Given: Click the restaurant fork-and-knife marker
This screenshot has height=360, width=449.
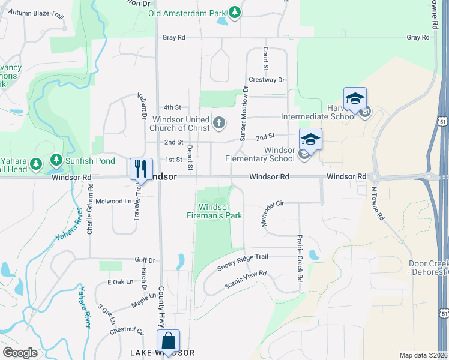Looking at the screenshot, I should click(x=141, y=168).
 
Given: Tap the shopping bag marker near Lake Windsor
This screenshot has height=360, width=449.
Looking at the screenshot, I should click(x=169, y=341).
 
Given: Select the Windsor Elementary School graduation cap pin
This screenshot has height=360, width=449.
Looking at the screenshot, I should click(x=310, y=140).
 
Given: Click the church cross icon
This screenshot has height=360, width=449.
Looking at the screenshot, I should click(x=219, y=124).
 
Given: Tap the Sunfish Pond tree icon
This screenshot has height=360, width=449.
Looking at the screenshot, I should click(x=56, y=160).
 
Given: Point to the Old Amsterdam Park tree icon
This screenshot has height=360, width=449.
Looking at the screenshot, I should click(x=236, y=12).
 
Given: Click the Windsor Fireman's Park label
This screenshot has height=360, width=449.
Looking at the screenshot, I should click(x=214, y=211).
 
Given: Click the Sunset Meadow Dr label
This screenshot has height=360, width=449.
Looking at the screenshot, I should click(x=243, y=114).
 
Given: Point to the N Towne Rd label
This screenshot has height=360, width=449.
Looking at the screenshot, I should click(x=376, y=205).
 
